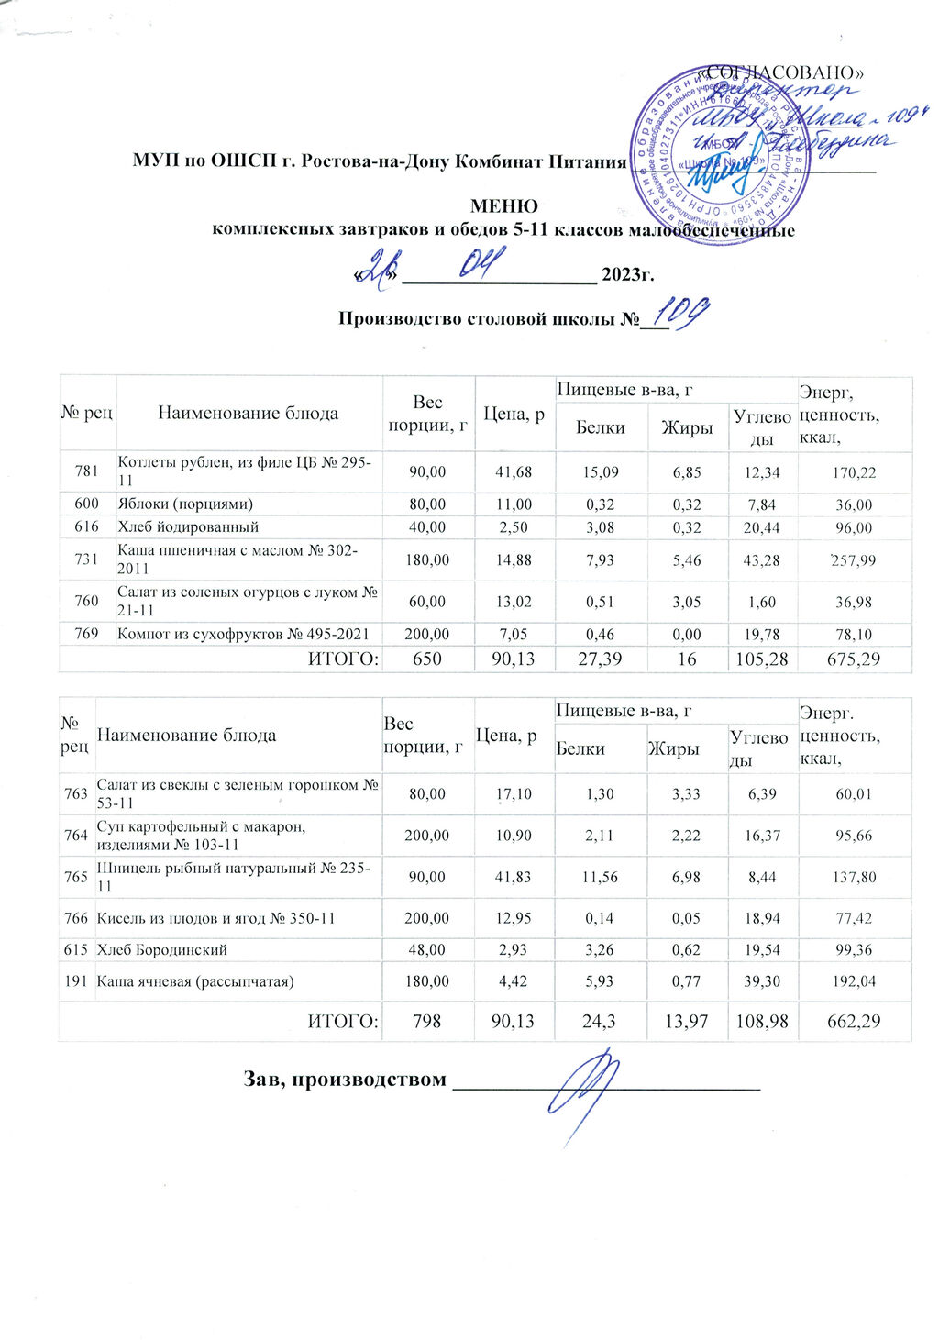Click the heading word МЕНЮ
tap(503, 206)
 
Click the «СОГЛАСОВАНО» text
tap(782, 72)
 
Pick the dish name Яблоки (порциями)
tap(184, 504)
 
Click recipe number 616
tap(86, 527)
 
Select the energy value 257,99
tap(852, 559)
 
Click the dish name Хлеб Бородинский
tap(162, 950)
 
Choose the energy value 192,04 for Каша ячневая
tap(854, 981)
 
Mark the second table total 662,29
tap(854, 1021)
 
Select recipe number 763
tap(76, 794)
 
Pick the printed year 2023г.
tap(627, 274)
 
